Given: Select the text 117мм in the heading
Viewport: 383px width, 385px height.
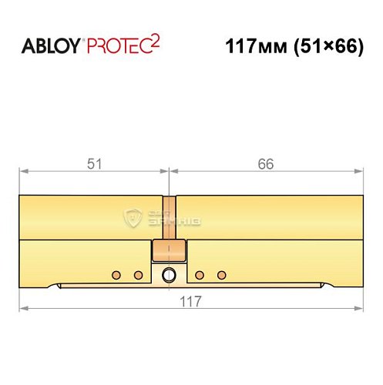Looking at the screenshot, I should point(250,45).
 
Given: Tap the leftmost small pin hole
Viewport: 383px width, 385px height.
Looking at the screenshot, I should point(116,275).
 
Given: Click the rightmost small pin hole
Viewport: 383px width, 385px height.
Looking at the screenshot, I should point(222,275).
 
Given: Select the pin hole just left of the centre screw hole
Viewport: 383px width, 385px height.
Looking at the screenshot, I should point(138,275).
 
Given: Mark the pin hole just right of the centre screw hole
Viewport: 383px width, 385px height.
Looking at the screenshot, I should point(200,275).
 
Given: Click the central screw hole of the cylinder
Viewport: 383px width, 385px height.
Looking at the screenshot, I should point(169,275).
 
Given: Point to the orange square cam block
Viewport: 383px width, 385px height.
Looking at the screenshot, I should point(169,250).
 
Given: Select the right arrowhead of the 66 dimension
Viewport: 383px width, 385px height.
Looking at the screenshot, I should point(358,170).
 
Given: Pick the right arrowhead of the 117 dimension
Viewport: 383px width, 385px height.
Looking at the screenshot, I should point(358,308).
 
